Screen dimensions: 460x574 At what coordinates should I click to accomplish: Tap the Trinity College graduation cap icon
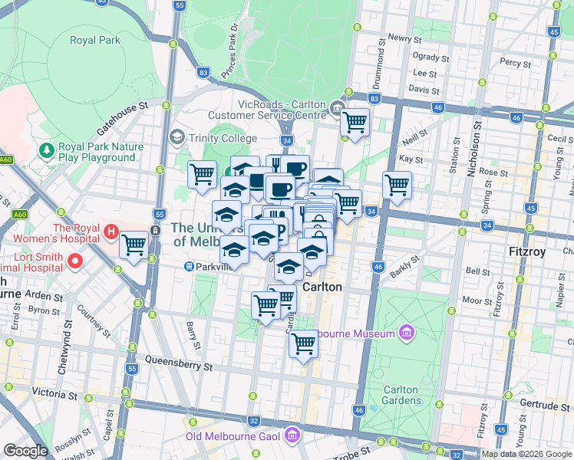177,137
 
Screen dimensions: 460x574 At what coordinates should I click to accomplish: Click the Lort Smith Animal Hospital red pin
74,261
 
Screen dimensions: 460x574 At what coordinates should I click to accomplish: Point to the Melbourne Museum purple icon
407,333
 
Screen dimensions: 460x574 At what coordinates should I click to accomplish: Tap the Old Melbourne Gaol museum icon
292,437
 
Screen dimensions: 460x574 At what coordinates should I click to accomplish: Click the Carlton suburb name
322,287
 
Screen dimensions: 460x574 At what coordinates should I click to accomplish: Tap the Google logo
25,451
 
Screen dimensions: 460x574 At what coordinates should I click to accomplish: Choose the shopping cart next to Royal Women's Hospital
134,245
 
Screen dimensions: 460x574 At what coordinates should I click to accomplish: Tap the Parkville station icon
188,267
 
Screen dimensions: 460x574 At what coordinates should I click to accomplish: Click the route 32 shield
253,421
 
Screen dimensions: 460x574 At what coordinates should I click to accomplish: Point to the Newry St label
405,38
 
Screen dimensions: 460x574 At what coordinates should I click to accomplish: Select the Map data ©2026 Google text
526,454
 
